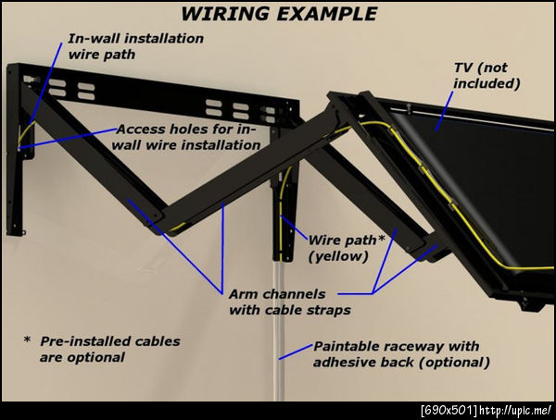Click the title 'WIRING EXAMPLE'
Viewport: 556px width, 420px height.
(x=278, y=13)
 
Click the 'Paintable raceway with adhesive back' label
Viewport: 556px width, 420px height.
(x=396, y=353)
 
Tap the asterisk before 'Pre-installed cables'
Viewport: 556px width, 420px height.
(x=27, y=340)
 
